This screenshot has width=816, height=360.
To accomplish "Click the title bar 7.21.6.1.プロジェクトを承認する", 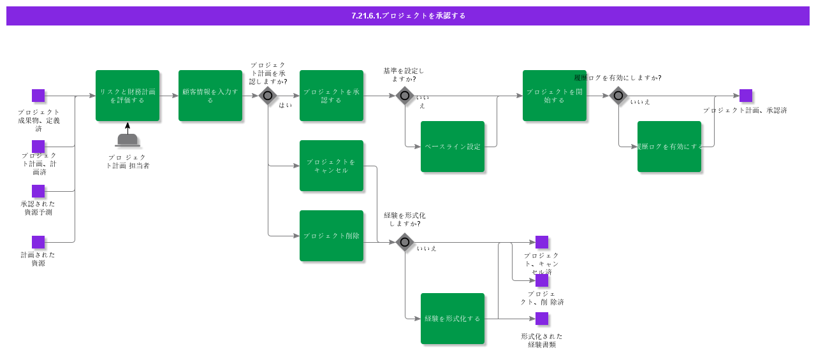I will [x=408, y=16].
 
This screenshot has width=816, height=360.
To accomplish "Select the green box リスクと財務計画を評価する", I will [x=127, y=96].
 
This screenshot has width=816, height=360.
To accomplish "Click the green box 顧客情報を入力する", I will [x=210, y=96].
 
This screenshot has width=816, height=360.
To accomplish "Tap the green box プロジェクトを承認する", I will [x=331, y=96].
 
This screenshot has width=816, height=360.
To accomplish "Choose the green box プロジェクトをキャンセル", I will [x=331, y=166].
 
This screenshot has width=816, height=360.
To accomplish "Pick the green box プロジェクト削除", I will [x=331, y=236].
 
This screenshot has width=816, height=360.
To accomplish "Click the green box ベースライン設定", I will [x=453, y=147].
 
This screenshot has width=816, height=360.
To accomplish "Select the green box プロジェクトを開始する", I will [x=555, y=96].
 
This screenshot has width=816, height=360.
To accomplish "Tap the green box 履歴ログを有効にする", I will [x=669, y=147].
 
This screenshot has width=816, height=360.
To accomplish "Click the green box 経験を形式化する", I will [x=453, y=319].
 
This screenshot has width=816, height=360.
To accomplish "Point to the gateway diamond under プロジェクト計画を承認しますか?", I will [x=268, y=96].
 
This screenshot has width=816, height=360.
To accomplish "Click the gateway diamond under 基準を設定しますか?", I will [x=405, y=96].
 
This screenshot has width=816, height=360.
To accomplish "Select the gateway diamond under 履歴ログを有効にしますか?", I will [x=618, y=96].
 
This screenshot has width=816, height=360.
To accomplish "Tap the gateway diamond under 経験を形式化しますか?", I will [x=405, y=242].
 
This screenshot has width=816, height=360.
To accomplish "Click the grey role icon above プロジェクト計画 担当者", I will [x=127, y=140].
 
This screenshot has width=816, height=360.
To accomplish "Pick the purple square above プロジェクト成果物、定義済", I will [x=38, y=96].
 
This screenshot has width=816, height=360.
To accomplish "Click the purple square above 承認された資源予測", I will [x=38, y=191].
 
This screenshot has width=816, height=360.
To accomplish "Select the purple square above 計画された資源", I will [x=38, y=242].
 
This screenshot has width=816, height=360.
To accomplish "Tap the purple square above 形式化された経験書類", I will [x=542, y=319].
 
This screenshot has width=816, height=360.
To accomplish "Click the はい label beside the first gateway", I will [x=285, y=105].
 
